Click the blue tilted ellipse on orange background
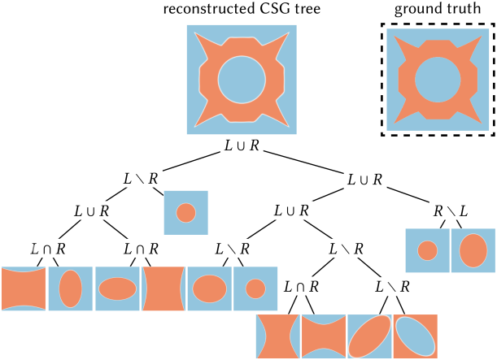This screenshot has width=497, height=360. click(416, 336)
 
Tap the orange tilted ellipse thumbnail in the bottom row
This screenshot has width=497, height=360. click(370, 336)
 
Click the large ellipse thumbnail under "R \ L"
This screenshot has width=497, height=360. click(473, 250)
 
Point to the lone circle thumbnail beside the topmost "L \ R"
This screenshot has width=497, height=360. click(186, 212)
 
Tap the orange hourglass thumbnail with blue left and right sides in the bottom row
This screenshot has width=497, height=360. click(278, 336)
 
